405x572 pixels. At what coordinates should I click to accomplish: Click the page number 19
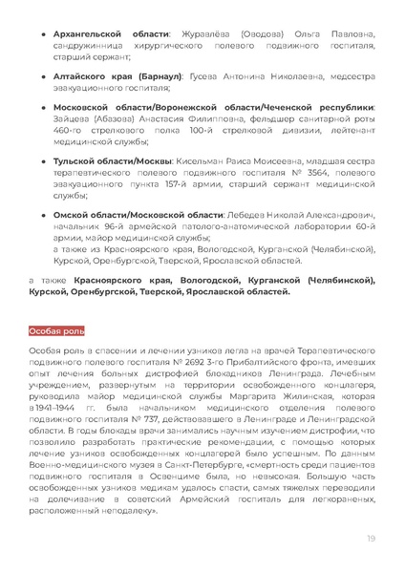point(370,540)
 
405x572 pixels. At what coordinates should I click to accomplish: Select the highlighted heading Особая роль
point(56,331)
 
